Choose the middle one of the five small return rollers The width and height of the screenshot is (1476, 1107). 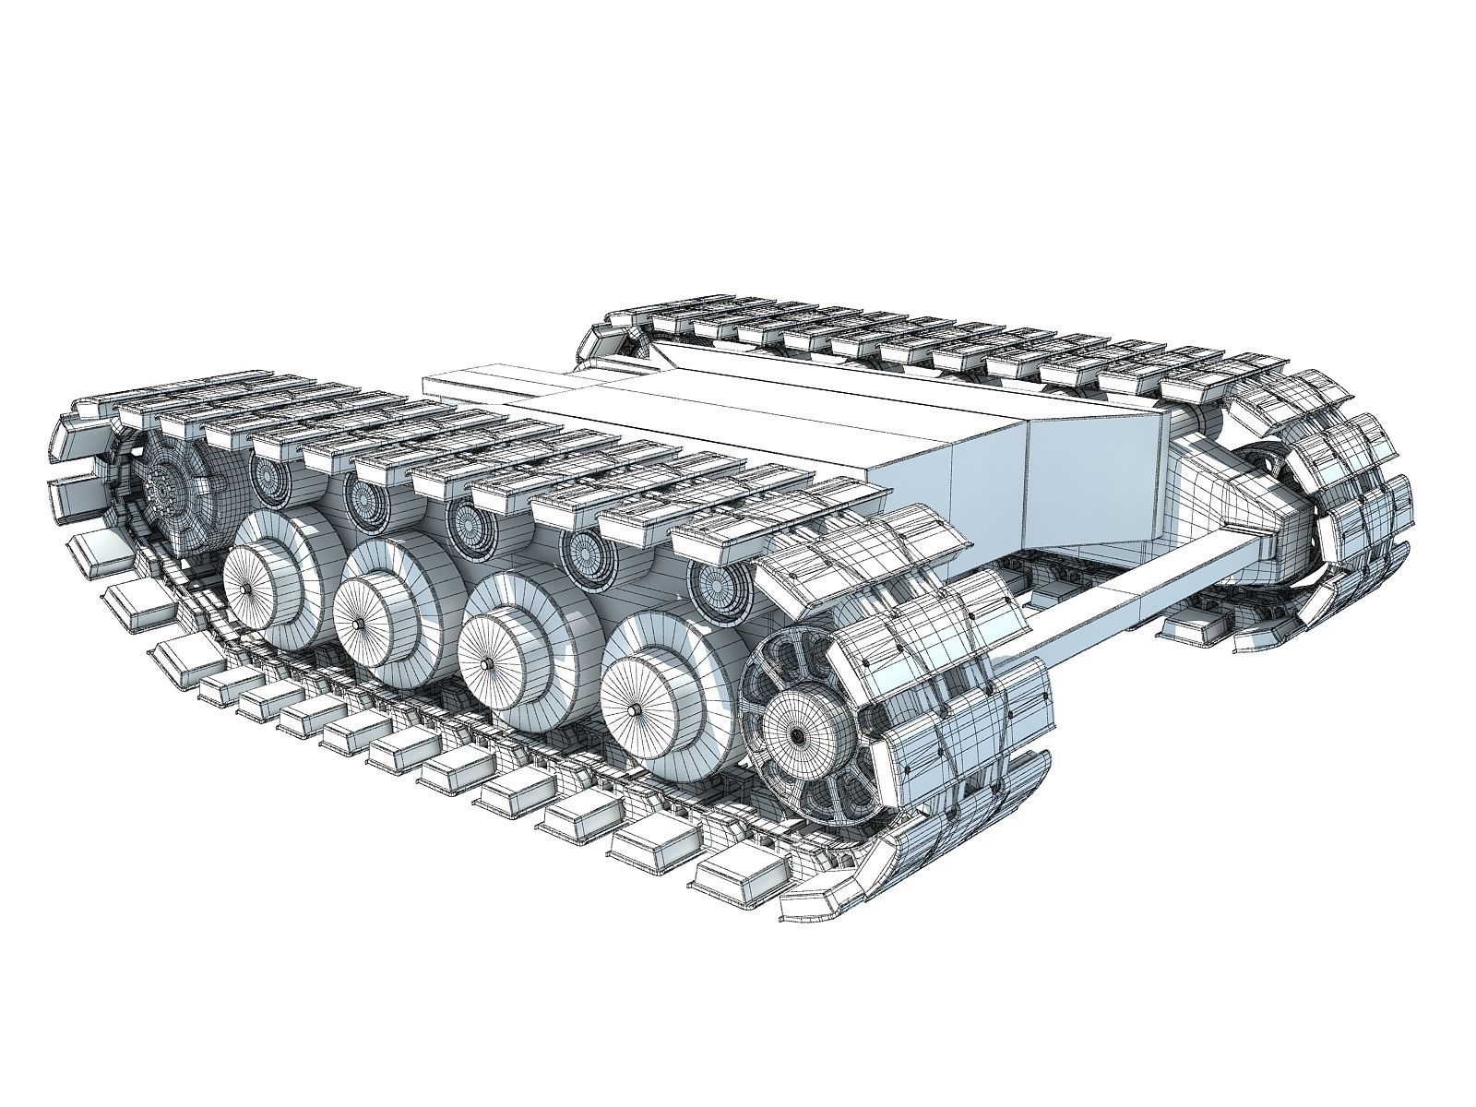470,522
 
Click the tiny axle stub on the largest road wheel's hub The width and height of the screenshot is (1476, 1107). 637,710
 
